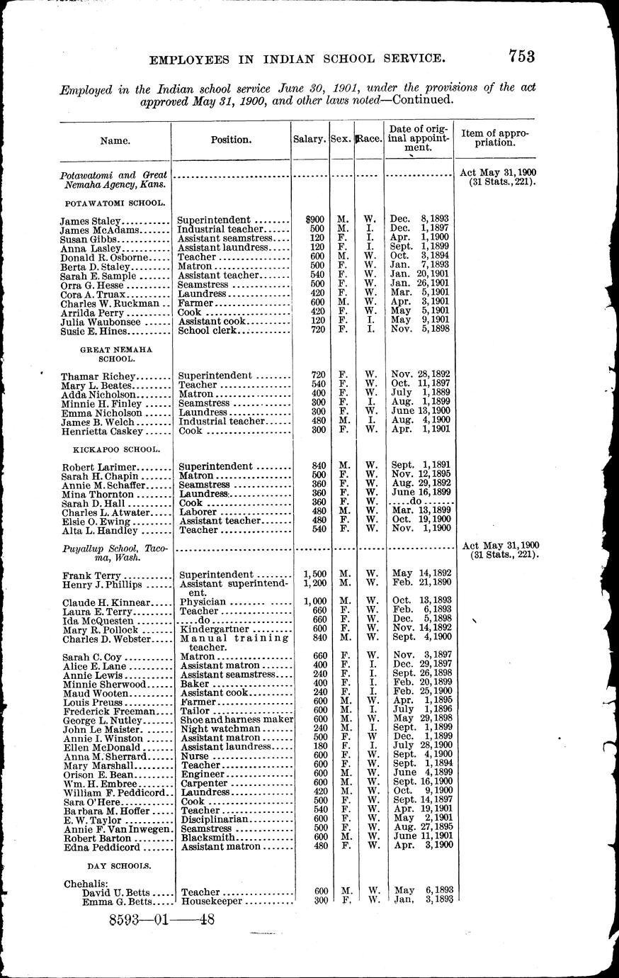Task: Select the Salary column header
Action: pos(309,140)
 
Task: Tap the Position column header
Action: pos(231,140)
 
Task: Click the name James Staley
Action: pos(91,220)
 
